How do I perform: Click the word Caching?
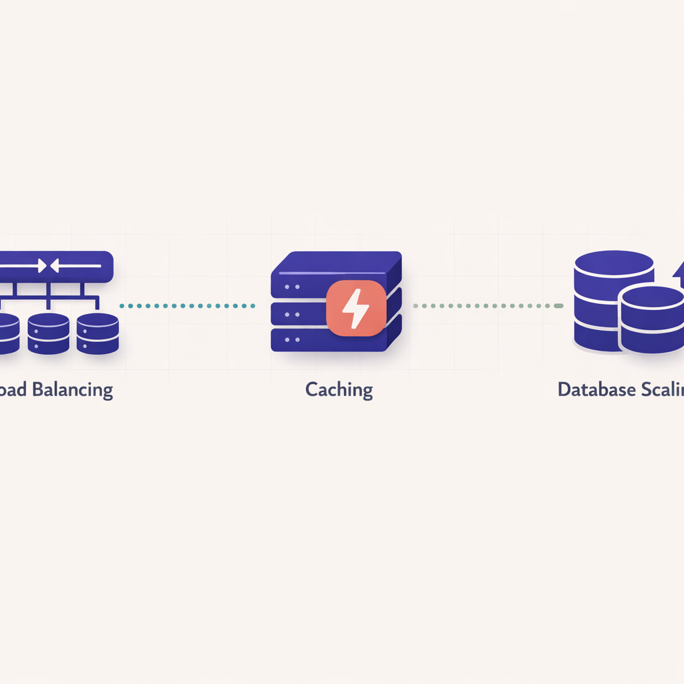(339, 389)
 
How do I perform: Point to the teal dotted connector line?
(187, 306)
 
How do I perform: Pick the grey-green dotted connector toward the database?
(488, 306)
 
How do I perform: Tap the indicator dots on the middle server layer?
(291, 313)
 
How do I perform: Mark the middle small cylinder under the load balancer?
(48, 333)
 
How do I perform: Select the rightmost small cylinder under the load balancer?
(98, 333)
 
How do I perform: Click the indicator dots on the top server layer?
(291, 287)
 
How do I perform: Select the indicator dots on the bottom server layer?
(291, 339)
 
